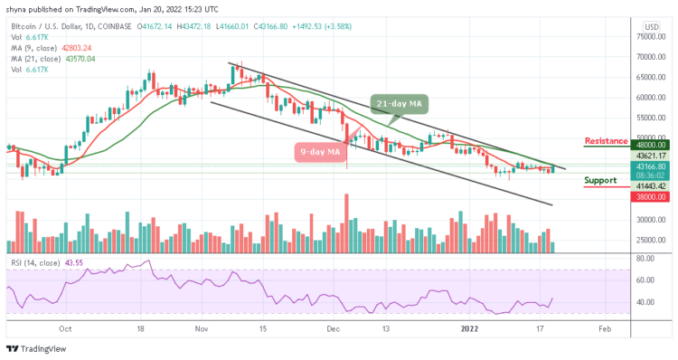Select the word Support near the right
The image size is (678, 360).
[x=602, y=180]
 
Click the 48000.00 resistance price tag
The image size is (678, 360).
[x=650, y=144]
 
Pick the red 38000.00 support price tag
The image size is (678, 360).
[x=650, y=195]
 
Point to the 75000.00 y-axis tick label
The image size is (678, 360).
[x=650, y=37]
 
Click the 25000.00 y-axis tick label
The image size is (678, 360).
[x=650, y=240]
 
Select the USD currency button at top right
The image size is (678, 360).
[x=650, y=25]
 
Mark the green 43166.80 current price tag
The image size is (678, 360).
[x=650, y=166]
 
